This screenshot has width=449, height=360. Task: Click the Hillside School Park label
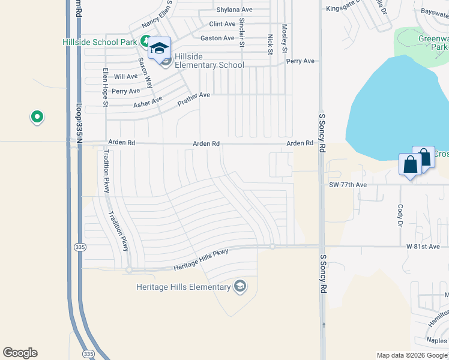(x=100, y=42)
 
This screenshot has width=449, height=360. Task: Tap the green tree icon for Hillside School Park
(x=145, y=41)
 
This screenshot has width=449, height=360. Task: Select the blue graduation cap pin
(x=160, y=49)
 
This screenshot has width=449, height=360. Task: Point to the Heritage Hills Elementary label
(x=184, y=287)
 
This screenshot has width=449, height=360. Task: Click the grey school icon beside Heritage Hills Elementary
(x=240, y=286)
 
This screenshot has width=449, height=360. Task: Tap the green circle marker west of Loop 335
(x=37, y=116)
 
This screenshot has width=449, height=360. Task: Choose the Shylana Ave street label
(x=234, y=10)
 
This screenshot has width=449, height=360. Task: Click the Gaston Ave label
(x=217, y=38)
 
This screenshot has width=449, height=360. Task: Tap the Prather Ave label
(x=193, y=99)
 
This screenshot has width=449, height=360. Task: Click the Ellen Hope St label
(x=105, y=87)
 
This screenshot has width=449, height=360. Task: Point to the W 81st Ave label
(x=423, y=246)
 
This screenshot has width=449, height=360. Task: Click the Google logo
(x=20, y=353)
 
